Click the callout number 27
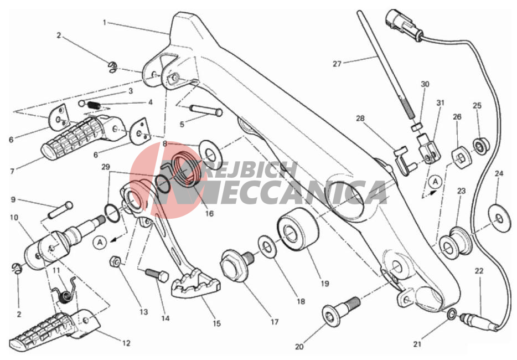pos(337,63)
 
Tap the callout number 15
pos(216,323)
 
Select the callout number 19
pos(325,284)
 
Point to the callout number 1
pos(105,23)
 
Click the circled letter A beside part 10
pos(100,243)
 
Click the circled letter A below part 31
pos(435,182)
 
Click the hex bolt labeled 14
pos(157,274)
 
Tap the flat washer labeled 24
pos(499,218)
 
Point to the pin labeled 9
pos(60,210)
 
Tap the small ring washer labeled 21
pos(452,314)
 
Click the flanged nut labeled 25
pos(481,146)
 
